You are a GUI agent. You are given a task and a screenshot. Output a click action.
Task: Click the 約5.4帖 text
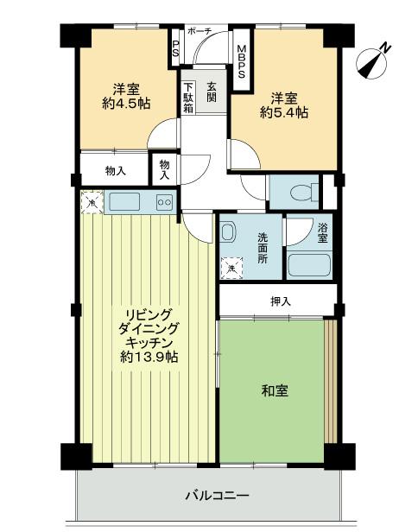click(x=282, y=113)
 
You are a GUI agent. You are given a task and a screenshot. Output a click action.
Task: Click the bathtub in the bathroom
click(x=308, y=264)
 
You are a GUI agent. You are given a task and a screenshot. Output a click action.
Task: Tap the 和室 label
click(x=275, y=391)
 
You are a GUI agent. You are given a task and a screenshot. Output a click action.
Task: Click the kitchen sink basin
click(x=123, y=202)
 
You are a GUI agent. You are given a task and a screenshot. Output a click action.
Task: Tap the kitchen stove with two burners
click(x=162, y=202)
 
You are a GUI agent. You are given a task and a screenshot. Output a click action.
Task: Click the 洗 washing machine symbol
click(x=231, y=269)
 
